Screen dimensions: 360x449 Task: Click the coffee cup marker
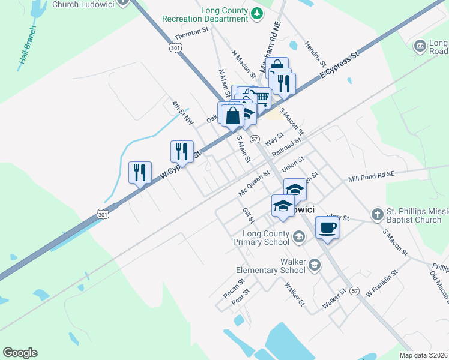[x=327, y=228]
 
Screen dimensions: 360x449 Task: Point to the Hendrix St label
[x=315, y=54]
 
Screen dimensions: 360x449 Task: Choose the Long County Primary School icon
[x=298, y=238]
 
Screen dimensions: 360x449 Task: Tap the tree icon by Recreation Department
[x=257, y=13]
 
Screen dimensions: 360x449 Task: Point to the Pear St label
[x=240, y=297]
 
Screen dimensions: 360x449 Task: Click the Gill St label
[x=247, y=216]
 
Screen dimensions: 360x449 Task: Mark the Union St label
[x=293, y=164]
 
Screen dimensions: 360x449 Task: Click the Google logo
[x=20, y=353]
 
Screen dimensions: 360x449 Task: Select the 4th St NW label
[x=182, y=113]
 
